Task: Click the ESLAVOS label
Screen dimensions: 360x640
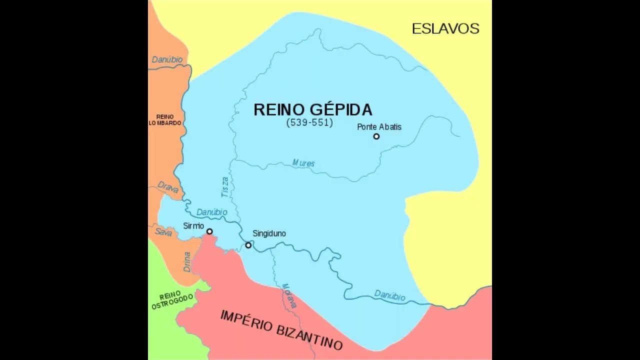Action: point(445,29)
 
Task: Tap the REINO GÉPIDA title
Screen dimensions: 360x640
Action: point(312,110)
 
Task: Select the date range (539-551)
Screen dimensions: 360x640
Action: point(309,123)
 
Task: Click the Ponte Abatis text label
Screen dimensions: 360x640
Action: point(379,127)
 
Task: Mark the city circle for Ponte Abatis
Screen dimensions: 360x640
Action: point(376,136)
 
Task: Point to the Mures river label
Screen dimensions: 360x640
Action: point(303,163)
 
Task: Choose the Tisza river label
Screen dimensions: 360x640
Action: point(225,187)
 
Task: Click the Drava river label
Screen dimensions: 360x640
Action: point(168,187)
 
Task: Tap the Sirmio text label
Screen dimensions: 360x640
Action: point(193,226)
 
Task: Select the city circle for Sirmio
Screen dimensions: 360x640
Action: point(209,231)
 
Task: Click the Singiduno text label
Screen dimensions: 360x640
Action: point(269,233)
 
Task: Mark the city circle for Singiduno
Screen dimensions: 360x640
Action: point(248,245)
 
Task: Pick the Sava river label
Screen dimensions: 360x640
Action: point(163,232)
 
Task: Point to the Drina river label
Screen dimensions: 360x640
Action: point(187,261)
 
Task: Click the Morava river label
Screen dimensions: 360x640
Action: point(289,295)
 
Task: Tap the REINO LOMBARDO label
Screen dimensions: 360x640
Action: point(165,120)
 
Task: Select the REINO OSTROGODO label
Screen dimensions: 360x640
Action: point(171,300)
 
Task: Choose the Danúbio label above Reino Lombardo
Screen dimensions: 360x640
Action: point(167,59)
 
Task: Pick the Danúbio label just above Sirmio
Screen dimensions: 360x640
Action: point(211,212)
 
